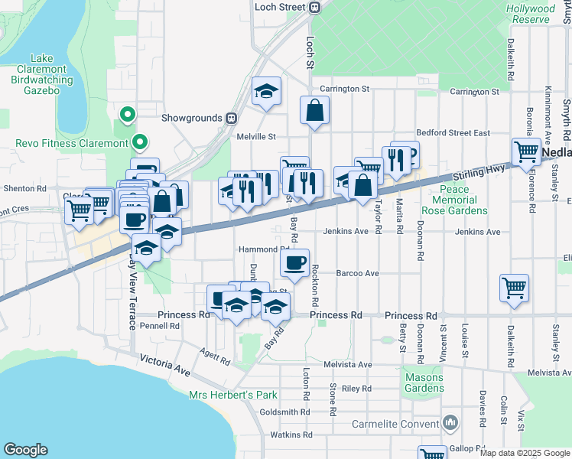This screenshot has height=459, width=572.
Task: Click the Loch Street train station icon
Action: click(314, 7)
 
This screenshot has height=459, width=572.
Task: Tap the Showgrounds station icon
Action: click(230, 119)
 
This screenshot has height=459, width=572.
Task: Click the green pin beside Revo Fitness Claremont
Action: click(139, 142)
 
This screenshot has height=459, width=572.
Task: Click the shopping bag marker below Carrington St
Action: click(314, 110)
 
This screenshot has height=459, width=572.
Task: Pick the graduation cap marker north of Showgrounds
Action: click(266, 91)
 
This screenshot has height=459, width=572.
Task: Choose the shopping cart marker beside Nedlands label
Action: click(526, 151)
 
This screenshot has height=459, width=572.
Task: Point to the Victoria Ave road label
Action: click(164, 364)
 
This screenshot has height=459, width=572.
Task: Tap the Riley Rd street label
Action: click(356, 389)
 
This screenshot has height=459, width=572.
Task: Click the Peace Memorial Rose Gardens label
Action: click(454, 200)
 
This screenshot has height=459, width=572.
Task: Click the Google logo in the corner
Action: click(25, 450)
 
